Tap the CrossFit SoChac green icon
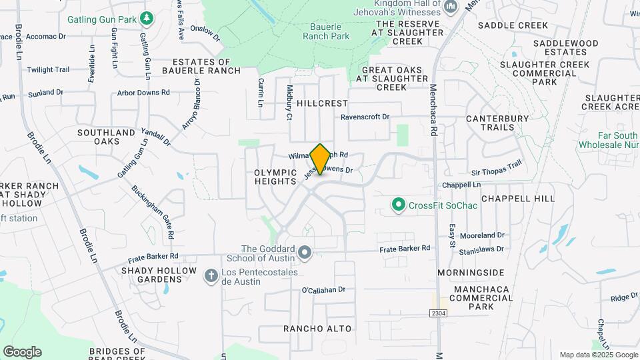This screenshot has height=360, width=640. (399, 205)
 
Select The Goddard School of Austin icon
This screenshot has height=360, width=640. (305, 252)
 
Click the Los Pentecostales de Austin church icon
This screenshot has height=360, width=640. (211, 275)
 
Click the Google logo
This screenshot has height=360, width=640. (22, 352)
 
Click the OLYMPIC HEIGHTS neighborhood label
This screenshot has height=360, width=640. (275, 177)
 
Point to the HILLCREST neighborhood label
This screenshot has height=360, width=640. (323, 103)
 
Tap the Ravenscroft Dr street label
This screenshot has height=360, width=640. (365, 117)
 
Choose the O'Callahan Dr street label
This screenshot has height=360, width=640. (323, 290)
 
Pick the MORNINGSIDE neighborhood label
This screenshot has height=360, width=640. (471, 273)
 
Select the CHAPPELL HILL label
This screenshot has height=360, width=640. (517, 199)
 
